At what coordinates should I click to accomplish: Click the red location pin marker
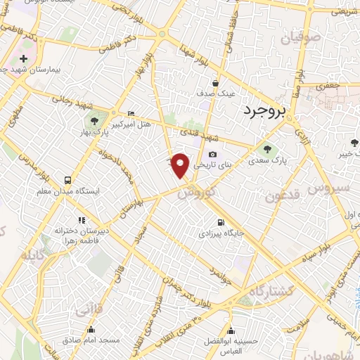pos(181,165)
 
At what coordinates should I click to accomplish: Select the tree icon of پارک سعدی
pos(266,148)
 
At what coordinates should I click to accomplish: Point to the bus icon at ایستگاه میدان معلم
pos(67,180)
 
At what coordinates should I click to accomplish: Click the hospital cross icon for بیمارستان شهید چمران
pos(24,58)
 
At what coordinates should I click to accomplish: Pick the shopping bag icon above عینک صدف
pos(224,82)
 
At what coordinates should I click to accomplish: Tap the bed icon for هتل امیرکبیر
pos(131,113)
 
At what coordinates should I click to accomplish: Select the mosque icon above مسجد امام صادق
pos(91,329)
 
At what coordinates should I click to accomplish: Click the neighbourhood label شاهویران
pos(340,349)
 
